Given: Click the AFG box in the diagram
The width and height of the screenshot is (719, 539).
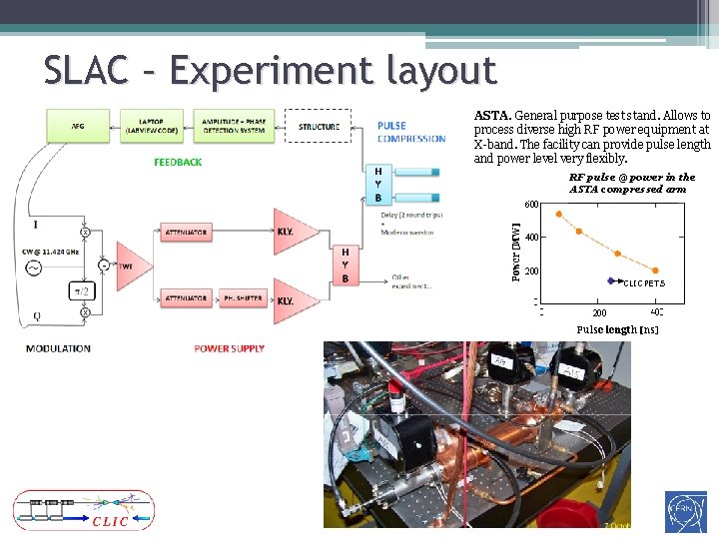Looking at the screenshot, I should [77, 127].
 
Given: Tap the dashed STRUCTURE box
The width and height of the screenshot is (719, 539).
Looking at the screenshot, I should [319, 127].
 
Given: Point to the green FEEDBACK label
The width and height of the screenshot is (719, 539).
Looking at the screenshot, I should [178, 162].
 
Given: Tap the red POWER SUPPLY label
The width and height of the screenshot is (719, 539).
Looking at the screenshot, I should [230, 348].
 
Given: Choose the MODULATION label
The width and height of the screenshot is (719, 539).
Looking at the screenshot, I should [58, 348].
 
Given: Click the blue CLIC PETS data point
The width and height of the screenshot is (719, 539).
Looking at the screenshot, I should [611, 281].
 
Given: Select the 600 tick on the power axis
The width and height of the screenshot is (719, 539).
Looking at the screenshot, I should [532, 205].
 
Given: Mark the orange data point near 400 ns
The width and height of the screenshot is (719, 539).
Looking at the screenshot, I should [655, 270].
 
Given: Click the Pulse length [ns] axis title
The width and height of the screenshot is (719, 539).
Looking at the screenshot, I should [617, 329].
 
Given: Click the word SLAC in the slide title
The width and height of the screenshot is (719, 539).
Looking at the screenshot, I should [86, 71].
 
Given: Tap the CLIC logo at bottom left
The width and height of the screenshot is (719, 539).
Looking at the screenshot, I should [83, 511].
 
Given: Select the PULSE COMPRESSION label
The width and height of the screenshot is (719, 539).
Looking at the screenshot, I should [410, 132].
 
